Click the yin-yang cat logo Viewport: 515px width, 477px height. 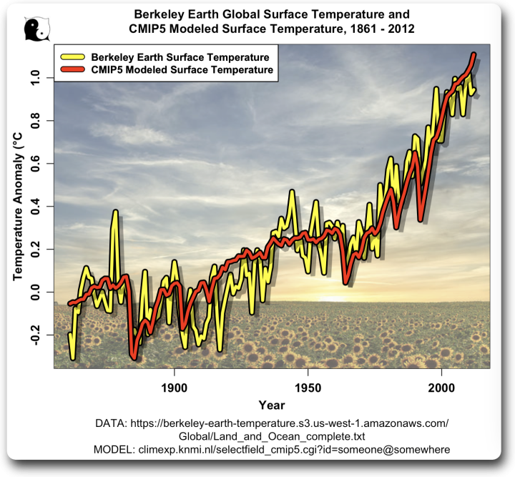point(36,29)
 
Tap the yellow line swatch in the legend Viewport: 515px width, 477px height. point(72,57)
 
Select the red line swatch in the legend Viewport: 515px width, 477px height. point(72,69)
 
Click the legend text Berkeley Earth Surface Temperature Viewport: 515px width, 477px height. point(180,57)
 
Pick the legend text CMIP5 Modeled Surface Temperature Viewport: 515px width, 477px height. point(182,70)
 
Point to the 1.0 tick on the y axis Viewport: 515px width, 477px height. point(35,78)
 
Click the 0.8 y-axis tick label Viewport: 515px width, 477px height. point(35,121)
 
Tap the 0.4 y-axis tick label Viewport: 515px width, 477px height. point(35,207)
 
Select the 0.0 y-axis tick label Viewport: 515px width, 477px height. point(35,292)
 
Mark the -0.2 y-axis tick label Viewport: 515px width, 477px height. point(35,335)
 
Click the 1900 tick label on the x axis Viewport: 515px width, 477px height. point(175,388)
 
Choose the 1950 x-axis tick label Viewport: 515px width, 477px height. point(308,388)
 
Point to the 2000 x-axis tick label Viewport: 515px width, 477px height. point(442,388)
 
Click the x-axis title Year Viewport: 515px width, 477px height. point(272,405)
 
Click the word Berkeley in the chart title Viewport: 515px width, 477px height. point(153,15)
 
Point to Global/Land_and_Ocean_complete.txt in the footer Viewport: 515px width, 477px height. point(272,437)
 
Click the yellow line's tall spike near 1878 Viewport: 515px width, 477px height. point(115,212)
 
